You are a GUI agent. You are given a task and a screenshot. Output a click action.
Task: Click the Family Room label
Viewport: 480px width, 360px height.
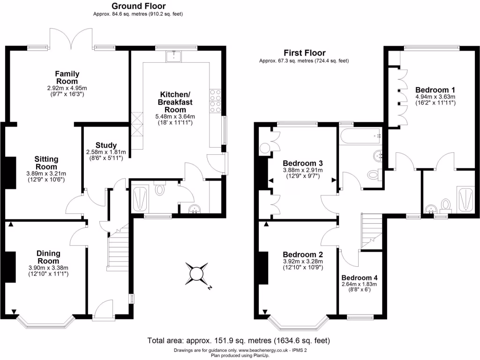(67, 77)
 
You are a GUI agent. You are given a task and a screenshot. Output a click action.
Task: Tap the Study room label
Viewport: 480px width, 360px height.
(106, 145)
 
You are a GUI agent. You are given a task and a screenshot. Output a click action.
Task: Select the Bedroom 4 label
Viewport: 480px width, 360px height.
(359, 277)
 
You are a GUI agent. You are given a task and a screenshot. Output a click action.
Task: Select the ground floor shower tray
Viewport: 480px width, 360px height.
(140, 198)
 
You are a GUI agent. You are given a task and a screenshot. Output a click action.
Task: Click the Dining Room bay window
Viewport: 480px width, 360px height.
(45, 322)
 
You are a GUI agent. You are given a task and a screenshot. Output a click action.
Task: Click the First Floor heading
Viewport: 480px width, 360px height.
(304, 53)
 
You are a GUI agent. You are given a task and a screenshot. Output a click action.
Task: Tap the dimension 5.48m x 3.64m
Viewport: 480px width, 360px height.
(176, 117)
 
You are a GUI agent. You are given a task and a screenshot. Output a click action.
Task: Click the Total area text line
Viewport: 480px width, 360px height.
(239, 340)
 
